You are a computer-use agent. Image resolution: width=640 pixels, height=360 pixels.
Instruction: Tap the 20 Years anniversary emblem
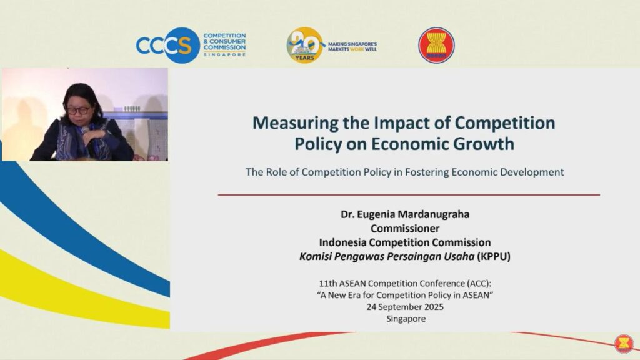point(305,45)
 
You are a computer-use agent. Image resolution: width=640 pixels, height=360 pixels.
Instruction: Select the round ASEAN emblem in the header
point(436,45)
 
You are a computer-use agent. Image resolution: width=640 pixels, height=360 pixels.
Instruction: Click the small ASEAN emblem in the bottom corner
point(624,343)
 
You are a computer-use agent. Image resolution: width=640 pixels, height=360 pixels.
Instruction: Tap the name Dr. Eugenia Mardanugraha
point(405,214)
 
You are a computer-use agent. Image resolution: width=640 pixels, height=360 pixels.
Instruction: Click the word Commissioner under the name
point(405,228)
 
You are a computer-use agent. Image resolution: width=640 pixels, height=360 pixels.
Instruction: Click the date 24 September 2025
point(405,307)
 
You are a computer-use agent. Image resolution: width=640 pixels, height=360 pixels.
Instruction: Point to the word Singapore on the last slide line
point(406,319)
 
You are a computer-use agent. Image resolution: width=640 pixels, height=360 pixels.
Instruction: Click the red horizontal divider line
point(409,195)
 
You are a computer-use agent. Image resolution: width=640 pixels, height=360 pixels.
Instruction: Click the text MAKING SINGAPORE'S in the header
point(352,44)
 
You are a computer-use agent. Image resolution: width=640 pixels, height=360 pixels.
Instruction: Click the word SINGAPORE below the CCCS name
point(224,54)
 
